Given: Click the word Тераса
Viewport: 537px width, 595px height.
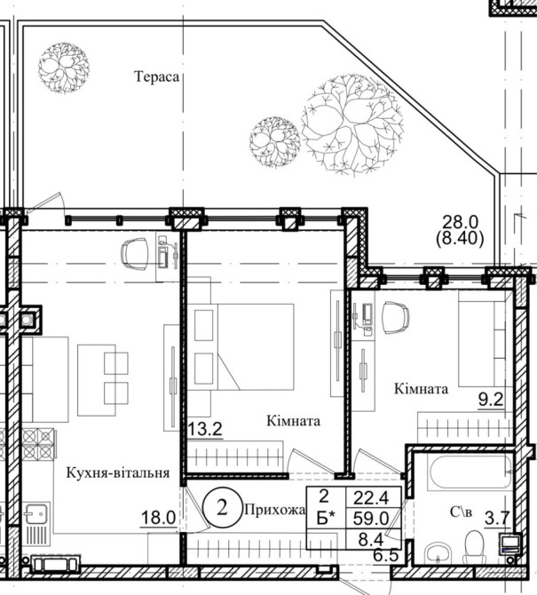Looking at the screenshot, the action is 156,77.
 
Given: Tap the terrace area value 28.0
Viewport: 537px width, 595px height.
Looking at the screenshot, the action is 461,222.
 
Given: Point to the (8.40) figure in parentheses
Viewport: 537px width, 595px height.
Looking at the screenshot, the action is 460,239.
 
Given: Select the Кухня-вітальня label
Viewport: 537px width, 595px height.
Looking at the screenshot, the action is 118,473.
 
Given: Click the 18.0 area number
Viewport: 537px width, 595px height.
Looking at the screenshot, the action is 158,518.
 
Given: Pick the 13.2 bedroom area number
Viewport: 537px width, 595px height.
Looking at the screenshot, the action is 205,429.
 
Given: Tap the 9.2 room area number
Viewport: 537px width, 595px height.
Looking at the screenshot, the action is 490,400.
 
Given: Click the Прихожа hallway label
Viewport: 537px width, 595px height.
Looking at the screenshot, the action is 275,510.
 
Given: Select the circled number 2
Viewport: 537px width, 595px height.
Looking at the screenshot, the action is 222,508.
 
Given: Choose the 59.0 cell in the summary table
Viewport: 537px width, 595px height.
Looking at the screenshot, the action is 371,519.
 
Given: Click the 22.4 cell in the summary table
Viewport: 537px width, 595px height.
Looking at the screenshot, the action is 371,498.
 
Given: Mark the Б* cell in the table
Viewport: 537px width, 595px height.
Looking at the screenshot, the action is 326,519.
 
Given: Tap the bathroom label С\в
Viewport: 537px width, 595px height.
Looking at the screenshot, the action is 462,512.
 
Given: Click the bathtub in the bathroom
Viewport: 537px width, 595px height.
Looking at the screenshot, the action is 470,473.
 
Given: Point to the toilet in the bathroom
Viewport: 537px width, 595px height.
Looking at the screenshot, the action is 473,545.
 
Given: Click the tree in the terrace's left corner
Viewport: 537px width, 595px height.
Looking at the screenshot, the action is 64,68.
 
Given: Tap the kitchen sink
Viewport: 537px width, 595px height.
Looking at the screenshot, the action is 36,513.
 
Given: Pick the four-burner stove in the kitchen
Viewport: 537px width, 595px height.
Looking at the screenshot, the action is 37,444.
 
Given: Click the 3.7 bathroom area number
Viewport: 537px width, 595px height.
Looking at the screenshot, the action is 496,518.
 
